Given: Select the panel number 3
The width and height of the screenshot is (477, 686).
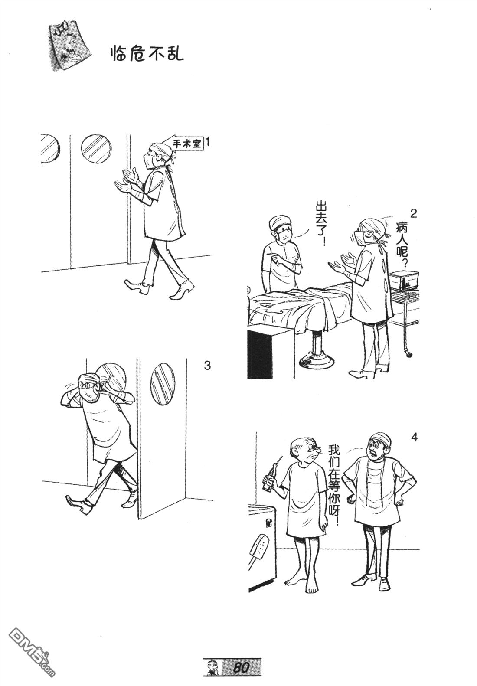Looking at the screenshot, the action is [x=207, y=366].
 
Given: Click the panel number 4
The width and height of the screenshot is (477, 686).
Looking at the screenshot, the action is [x=414, y=437].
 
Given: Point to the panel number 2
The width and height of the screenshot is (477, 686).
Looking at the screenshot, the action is [x=413, y=213].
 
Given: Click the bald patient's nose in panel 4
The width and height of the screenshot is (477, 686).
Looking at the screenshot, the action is [x=318, y=450].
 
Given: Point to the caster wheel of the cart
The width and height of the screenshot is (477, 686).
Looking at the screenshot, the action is [x=410, y=354].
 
